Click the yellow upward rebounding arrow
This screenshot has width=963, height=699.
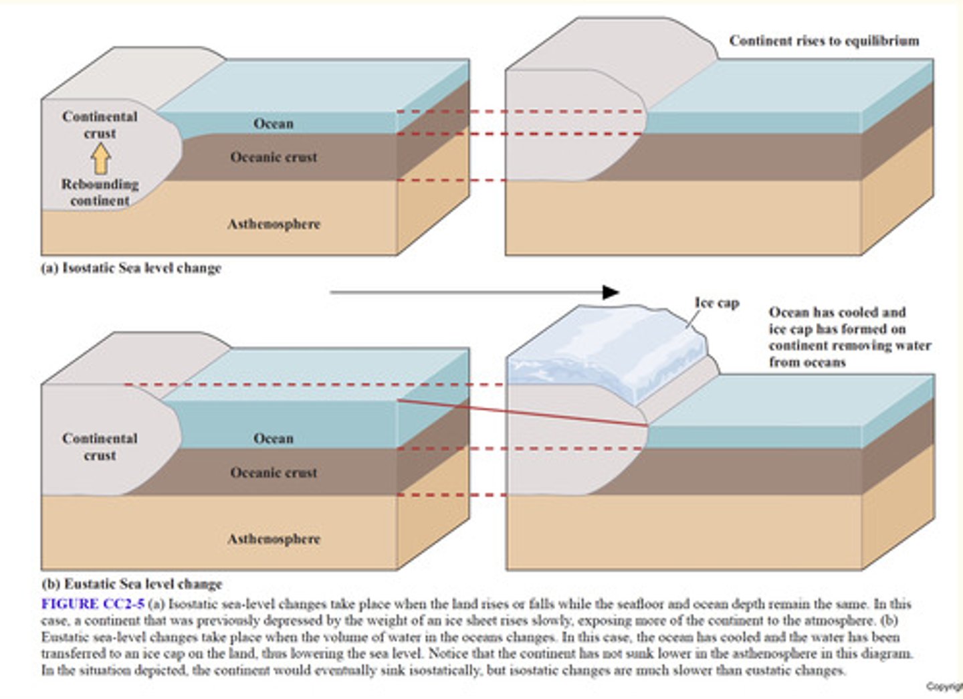point(100,159)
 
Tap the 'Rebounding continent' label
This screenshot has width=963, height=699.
point(100,192)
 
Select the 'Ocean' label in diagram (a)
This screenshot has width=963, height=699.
point(273,124)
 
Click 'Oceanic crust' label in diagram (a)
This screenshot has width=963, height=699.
point(274,157)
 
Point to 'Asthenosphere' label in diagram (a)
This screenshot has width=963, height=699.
point(274,224)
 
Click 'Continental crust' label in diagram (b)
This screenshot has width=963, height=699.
point(100,447)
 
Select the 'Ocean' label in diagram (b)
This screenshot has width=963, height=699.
point(273,439)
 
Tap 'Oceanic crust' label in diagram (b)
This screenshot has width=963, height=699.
point(274,473)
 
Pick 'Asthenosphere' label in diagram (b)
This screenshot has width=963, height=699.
point(274,539)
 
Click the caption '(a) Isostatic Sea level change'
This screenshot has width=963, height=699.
point(131,268)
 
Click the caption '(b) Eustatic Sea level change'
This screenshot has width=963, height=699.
point(132,584)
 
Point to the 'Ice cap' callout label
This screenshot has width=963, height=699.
point(717,303)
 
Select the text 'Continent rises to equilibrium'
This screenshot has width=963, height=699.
point(824,41)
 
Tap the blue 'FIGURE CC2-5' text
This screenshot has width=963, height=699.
point(92,604)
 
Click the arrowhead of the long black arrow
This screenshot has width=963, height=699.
point(610,292)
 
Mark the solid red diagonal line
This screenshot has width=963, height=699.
point(522,413)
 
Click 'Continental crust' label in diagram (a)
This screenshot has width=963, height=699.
point(100,125)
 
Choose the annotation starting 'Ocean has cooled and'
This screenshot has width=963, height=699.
point(849,337)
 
